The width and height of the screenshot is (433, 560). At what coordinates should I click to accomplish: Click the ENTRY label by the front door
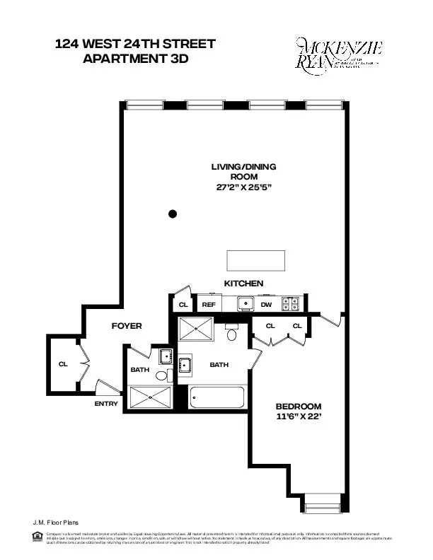[x=105, y=404]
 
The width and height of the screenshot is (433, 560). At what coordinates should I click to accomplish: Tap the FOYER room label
[x=127, y=326]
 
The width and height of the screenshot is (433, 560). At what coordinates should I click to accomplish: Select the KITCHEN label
[x=244, y=283]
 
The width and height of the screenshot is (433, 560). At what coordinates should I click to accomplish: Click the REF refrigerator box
[x=209, y=305]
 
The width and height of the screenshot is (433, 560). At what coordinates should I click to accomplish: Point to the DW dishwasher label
[x=267, y=305]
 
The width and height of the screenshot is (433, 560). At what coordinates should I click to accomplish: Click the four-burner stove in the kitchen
[x=290, y=304]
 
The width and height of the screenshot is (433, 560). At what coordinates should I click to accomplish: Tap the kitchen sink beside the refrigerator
[x=245, y=304]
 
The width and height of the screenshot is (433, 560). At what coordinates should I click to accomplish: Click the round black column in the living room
[x=172, y=214]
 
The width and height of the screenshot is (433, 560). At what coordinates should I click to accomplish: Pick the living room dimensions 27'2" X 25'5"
[x=244, y=188]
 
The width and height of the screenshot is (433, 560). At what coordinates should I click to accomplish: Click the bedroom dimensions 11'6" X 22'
[x=299, y=418]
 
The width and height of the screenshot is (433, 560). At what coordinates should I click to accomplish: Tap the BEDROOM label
[x=299, y=407]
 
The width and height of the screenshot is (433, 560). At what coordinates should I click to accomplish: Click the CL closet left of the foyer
[x=63, y=364]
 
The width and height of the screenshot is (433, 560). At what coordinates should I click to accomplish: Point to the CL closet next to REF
[x=183, y=305]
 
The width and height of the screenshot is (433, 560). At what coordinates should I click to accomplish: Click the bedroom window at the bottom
[x=322, y=506]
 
